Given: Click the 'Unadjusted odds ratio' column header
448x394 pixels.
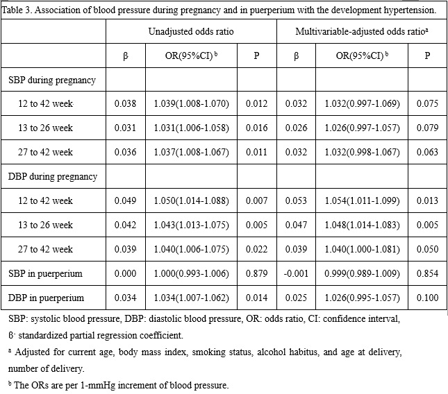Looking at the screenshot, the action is [x=191, y=31].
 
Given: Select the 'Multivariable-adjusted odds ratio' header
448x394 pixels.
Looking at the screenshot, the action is [x=362, y=31].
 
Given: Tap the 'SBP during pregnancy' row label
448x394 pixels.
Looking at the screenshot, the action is [x=52, y=80].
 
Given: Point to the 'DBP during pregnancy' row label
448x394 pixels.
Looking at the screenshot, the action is [x=53, y=177].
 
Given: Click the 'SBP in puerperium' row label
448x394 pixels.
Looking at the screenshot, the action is [x=45, y=273].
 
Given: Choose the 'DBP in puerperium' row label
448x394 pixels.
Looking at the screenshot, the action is [x=46, y=298].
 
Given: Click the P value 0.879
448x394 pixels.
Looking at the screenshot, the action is [x=256, y=273].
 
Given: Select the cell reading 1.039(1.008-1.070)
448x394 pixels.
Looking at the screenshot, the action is [x=192, y=103].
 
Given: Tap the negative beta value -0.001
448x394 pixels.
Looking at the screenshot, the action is [x=296, y=273].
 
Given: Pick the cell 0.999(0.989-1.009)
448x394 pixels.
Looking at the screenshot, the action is [x=362, y=273].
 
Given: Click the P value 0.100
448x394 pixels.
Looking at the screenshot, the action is [x=427, y=298].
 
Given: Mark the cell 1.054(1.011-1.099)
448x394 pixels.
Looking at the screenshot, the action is [x=362, y=201].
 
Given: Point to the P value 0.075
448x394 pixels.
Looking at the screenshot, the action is [x=427, y=103].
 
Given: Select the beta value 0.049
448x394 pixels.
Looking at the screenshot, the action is [x=125, y=201].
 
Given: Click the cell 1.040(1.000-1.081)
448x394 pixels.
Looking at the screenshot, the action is [x=362, y=249].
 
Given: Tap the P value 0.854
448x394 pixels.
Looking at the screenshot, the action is [x=427, y=273].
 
